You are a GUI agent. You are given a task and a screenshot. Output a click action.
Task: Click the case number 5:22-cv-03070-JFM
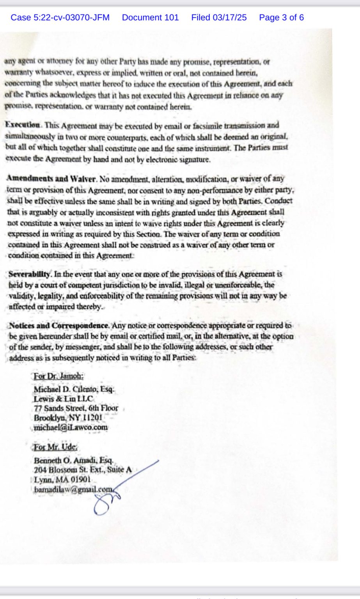tap(60, 18)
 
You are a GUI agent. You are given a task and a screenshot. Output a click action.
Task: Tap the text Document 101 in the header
tap(150, 18)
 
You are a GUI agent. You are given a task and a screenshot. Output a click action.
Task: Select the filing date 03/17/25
tap(219, 18)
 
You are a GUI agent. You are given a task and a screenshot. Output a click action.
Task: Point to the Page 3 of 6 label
tap(281, 18)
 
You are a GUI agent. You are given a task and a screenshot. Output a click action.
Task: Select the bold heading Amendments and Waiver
tap(51, 179)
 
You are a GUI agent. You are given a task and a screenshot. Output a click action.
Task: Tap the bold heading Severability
tap(29, 274)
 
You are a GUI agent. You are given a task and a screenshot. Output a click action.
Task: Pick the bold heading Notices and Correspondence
tap(59, 325)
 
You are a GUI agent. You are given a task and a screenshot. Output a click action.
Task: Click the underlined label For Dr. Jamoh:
tap(59, 377)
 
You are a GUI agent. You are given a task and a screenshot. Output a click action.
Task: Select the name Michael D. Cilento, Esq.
tap(74, 389)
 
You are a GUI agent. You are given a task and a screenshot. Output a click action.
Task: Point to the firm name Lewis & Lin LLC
tap(64, 399)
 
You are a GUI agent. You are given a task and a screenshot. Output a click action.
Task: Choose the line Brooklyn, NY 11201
tap(68, 418)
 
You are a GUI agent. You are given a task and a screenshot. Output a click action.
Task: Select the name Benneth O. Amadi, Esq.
tap(73, 460)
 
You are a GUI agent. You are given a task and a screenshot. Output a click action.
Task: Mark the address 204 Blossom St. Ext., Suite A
tap(83, 470)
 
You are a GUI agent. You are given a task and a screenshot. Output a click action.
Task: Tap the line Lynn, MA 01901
tap(62, 480)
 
